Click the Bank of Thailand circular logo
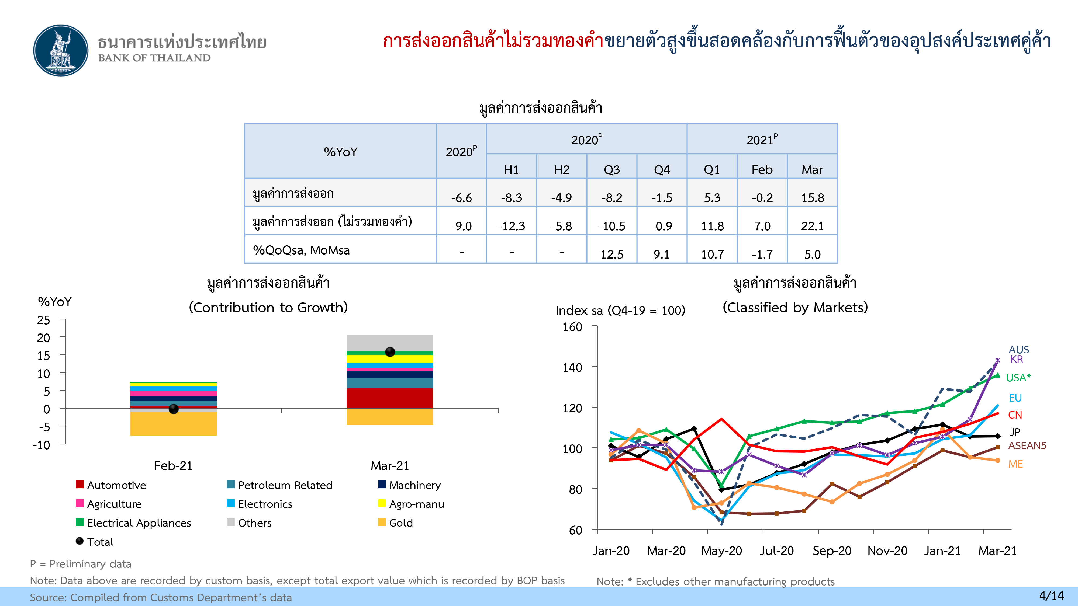61,50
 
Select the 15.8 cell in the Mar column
812,198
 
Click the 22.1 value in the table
812,226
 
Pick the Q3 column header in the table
611,169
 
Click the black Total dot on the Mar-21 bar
390,352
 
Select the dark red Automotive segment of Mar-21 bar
390,398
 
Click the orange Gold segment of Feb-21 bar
173,424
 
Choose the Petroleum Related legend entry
279,485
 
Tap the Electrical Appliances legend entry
133,523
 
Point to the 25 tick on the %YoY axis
43,320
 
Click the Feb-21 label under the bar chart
173,465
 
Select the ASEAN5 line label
1027,445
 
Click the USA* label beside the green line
1018,378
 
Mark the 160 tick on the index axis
572,327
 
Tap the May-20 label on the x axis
721,551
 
